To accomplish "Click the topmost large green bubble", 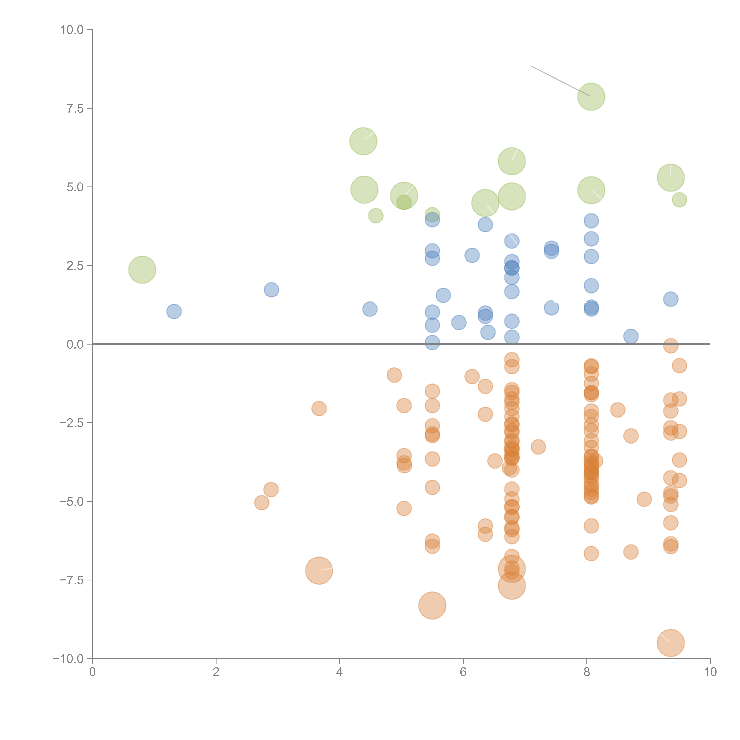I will (591, 96).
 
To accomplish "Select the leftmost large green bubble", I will (142, 270).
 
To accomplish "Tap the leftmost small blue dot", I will (174, 311).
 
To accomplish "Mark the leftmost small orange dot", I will (262, 502).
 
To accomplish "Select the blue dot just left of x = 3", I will (271, 290).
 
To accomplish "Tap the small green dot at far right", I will (679, 200).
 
